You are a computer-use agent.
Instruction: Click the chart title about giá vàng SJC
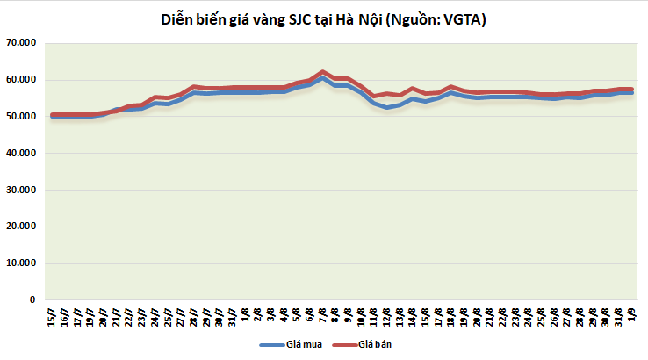(323, 19)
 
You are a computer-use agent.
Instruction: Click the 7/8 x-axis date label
(323, 314)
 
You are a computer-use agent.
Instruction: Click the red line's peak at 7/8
(323, 72)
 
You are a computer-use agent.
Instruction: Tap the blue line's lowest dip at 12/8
(387, 107)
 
